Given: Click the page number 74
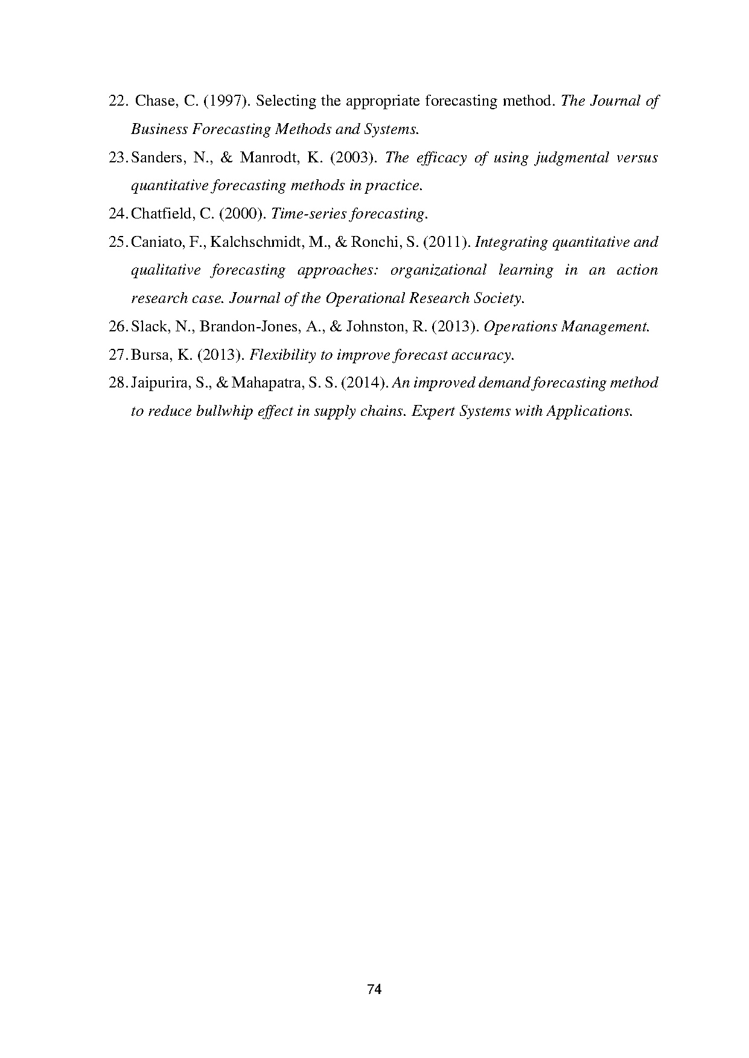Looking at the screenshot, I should [x=374, y=989].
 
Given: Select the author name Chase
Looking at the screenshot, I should [x=155, y=101].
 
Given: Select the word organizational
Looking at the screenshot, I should [x=438, y=270].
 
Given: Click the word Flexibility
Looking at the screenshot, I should [x=282, y=355].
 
